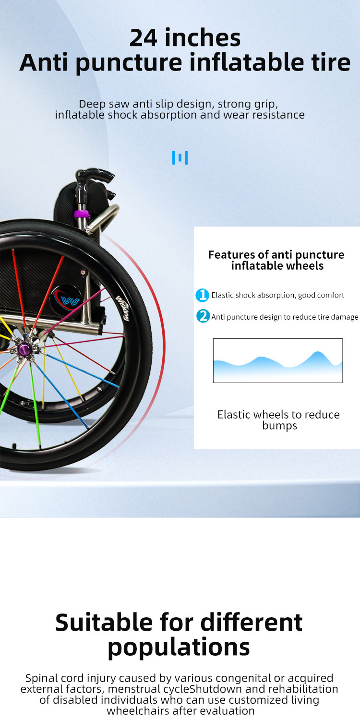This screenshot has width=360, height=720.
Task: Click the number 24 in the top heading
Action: pos(144,38)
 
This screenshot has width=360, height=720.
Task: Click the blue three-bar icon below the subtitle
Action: pos(180,157)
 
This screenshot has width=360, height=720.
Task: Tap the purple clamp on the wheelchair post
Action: pos(82,213)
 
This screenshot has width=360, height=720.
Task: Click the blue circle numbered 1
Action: pos(202,295)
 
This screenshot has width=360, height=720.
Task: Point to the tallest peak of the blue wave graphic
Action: pos(318,352)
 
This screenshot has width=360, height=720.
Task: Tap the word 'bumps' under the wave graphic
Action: pos(280,426)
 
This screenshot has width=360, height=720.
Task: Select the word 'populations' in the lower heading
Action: pos(179,648)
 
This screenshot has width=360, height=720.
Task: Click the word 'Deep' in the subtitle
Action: pos(92,104)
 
